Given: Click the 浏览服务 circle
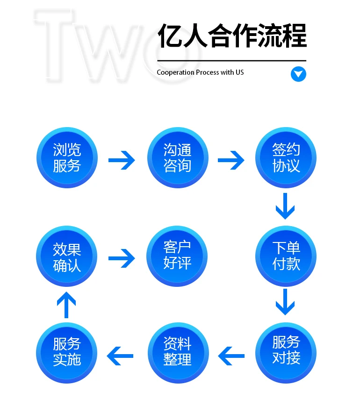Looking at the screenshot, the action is pyautogui.click(x=67, y=157).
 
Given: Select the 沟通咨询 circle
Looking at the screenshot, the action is pyautogui.click(x=178, y=157).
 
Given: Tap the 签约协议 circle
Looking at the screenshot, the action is pyautogui.click(x=286, y=157).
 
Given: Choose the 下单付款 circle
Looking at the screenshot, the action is pyautogui.click(x=286, y=256).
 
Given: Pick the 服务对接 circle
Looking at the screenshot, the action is pyautogui.click(x=286, y=352).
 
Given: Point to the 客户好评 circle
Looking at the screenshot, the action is pyautogui.click(x=178, y=256).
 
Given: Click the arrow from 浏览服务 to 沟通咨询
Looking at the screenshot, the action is pyautogui.click(x=122, y=161).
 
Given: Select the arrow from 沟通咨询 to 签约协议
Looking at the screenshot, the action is pyautogui.click(x=231, y=161).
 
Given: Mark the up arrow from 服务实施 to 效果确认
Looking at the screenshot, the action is pyautogui.click(x=66, y=304).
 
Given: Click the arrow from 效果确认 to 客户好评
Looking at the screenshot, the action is pyautogui.click(x=122, y=258).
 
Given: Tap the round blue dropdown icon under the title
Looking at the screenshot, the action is pyautogui.click(x=298, y=74).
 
